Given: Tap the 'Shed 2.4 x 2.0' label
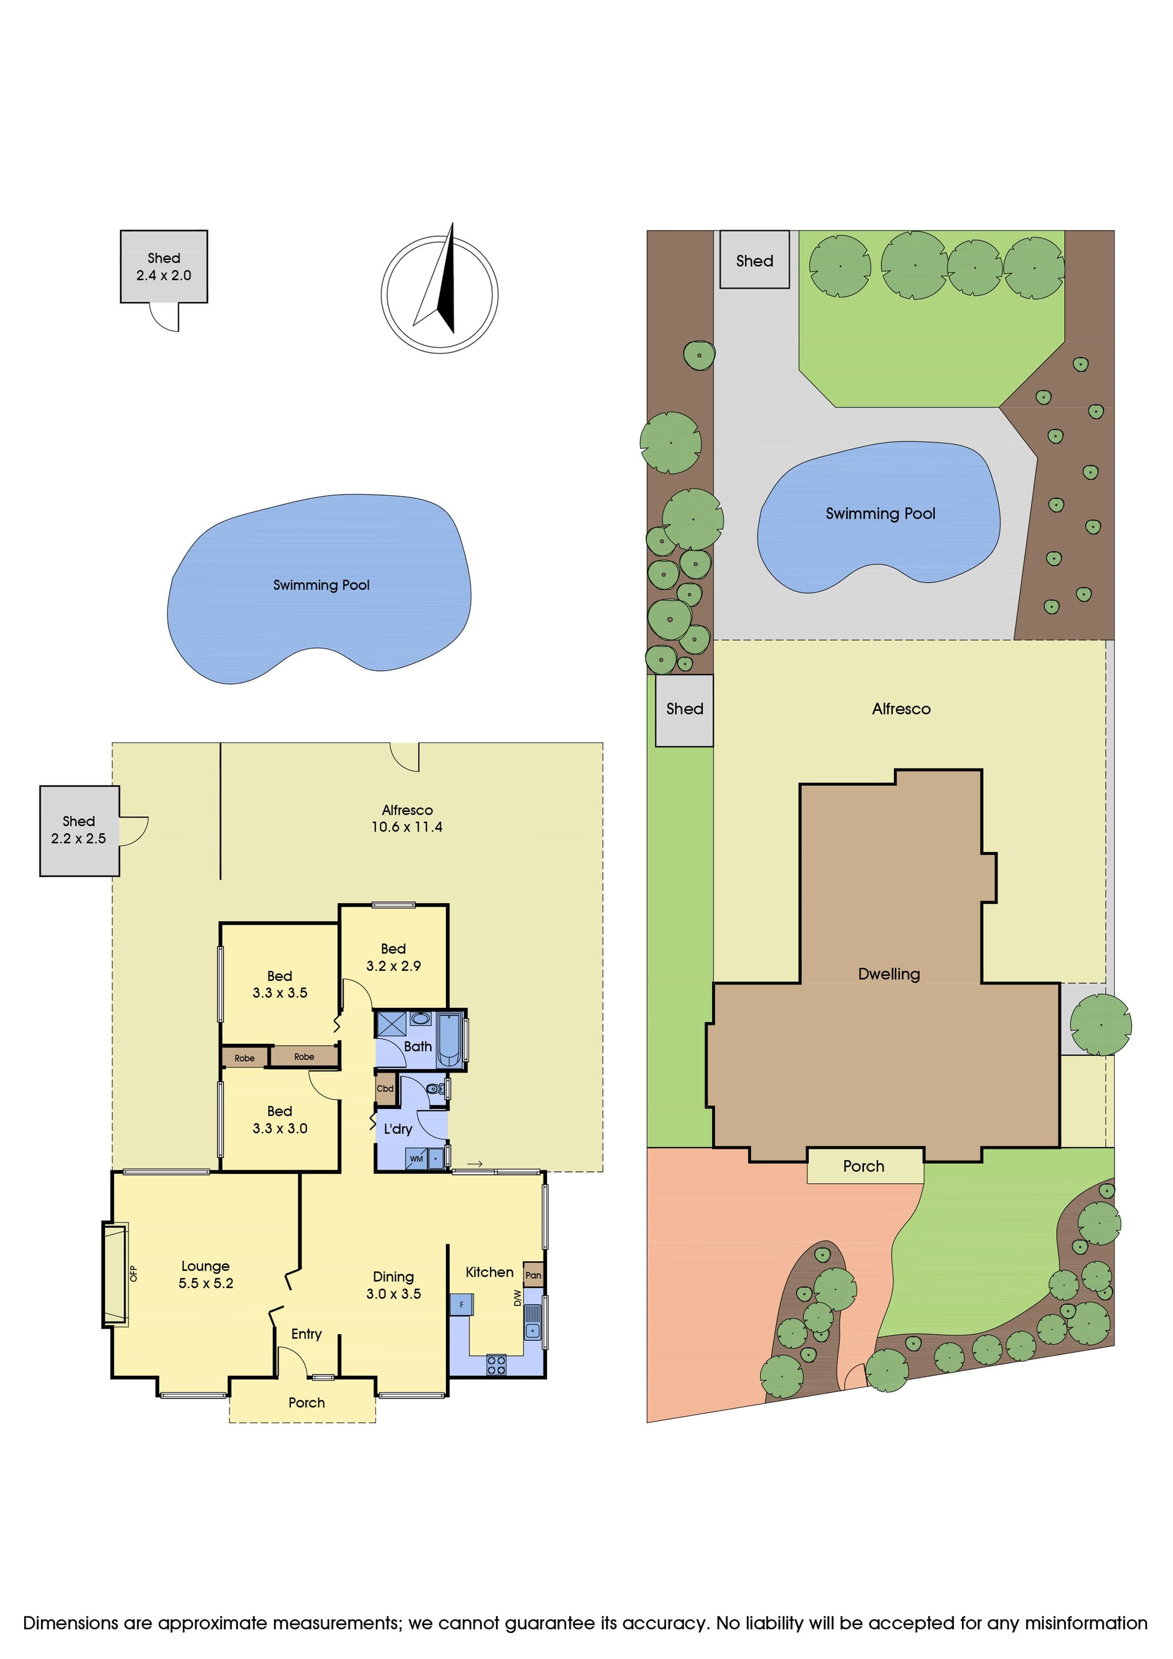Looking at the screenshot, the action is pos(164,267).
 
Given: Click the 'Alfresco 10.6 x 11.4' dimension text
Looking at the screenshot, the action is pos(407,819).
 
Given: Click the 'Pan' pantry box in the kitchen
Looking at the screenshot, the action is pos(533,1275).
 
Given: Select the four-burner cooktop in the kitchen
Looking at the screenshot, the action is pos(496,1365).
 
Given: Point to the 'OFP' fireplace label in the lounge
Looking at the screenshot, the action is pos(133,1273).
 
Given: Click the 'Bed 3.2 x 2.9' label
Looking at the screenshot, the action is pos(393,957).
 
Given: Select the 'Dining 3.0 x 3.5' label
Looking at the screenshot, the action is pos(393,1285).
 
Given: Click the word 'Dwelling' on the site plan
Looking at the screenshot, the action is pos(889,974).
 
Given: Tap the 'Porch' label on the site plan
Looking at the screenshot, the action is pos(864,1166).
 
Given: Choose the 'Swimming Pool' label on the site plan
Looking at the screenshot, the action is pos(880,514).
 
